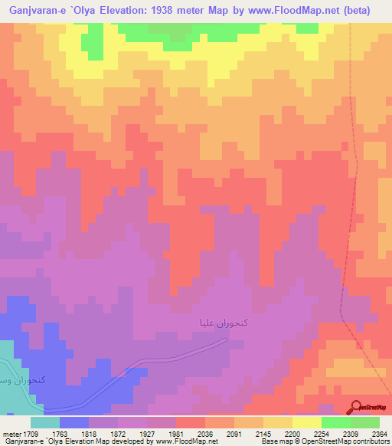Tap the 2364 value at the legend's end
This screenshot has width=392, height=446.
click(x=377, y=433)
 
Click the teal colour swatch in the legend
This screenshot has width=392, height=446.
click(x=44, y=422)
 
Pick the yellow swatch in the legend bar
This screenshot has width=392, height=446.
click(x=306, y=422)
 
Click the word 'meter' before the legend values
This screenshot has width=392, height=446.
click(x=10, y=433)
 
